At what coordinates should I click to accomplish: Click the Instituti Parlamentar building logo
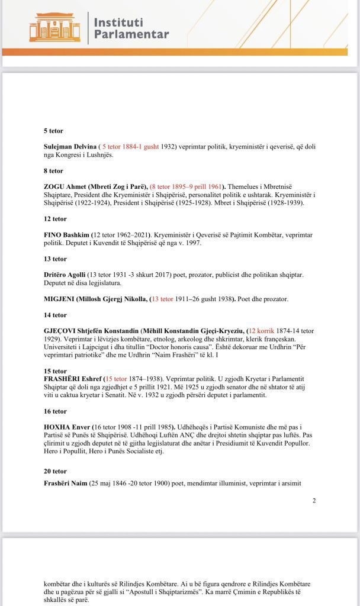tap(54, 27)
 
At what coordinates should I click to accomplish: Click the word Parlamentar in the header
tap(131, 34)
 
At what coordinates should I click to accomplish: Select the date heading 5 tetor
tap(53, 130)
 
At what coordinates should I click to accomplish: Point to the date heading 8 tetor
tap(53, 170)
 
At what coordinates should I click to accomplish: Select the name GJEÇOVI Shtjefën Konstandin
tap(99, 331)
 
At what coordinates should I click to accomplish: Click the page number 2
tap(314, 501)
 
